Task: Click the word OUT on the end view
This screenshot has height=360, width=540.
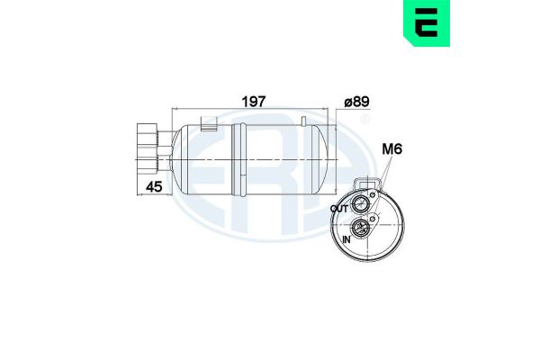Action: [x=339, y=209]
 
